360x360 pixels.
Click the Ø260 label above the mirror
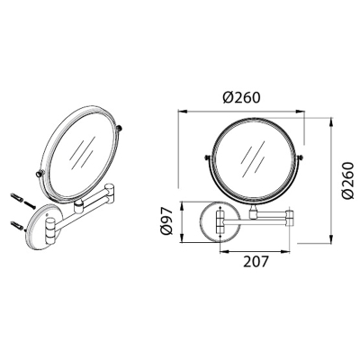[x=241, y=97]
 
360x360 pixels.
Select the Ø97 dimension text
[x=166, y=221]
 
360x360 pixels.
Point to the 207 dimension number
[x=256, y=262]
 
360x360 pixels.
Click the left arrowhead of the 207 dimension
[x=223, y=252]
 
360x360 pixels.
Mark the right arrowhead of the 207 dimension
[x=287, y=252]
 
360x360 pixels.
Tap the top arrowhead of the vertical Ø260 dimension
[x=331, y=121]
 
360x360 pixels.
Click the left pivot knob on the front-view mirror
[x=207, y=157]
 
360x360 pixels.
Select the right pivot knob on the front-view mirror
[x=301, y=157]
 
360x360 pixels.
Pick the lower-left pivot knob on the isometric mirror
[x=40, y=174]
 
